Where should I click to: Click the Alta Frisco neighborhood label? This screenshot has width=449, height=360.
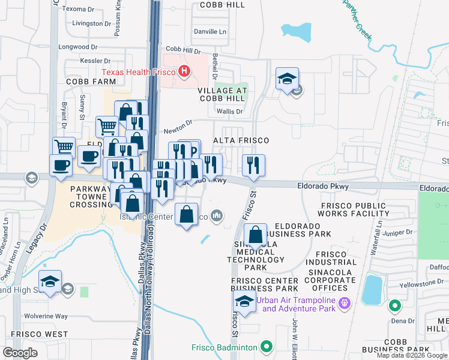click(x=240, y=140)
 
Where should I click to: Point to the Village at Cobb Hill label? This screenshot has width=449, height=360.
click(x=223, y=94)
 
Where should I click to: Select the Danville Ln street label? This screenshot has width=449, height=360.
click(x=210, y=31)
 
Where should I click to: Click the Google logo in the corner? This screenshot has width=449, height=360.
click(x=20, y=353)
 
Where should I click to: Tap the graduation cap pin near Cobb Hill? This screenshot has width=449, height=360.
click(x=288, y=79)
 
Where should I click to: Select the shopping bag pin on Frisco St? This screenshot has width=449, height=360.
click(x=256, y=235)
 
